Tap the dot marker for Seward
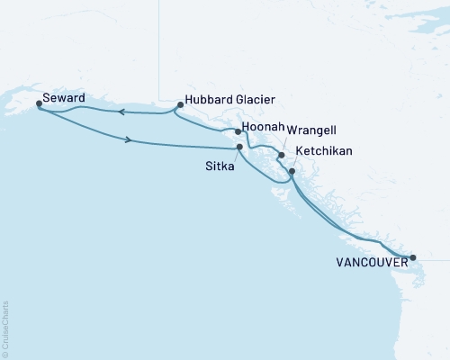[39, 103]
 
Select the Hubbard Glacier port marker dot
[180, 104]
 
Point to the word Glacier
[255, 99]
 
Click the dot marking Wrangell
[282, 155]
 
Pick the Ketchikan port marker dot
[292, 169]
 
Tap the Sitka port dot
[239, 147]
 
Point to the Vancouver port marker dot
[413, 257]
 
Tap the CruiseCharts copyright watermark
[5, 327]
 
